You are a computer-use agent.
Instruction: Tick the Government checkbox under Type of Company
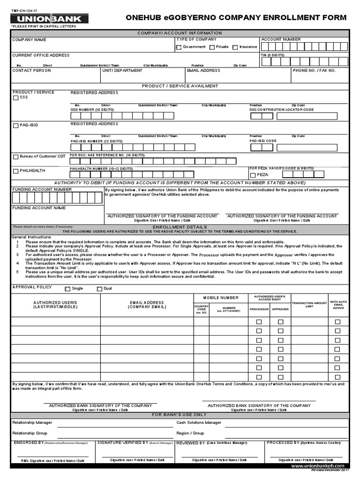pos(179,47)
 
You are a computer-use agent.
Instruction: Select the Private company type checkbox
pos(212,47)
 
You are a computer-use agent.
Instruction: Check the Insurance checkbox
pos(235,47)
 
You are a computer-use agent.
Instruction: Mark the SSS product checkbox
pos(16,98)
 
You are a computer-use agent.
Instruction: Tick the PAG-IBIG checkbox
pos(16,126)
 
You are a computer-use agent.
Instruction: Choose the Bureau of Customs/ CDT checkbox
pos(16,157)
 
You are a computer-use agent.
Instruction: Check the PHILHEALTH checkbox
pos(16,171)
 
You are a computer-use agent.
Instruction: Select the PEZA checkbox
pos(253,174)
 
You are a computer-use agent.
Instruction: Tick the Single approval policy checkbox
pos(67,289)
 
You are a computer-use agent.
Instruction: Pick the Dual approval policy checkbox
pos(99,289)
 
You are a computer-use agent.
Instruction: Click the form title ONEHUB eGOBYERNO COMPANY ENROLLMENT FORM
pos(236,18)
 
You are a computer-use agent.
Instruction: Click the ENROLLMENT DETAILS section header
pos(180,227)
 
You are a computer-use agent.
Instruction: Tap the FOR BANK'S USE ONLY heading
pos(180,415)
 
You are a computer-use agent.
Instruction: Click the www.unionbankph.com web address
pos(320,466)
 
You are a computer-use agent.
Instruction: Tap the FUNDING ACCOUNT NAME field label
pos(32,208)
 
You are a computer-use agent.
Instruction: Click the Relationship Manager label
pos(32,422)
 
